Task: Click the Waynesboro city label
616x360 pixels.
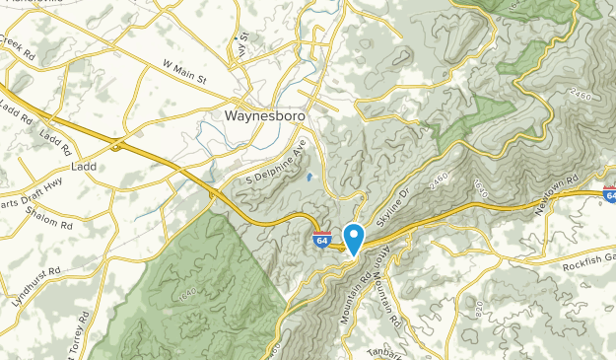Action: click(x=260, y=114)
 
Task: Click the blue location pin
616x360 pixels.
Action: click(x=354, y=237)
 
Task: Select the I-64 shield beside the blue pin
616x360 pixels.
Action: click(x=322, y=239)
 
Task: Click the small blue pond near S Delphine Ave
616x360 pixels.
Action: click(x=309, y=178)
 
